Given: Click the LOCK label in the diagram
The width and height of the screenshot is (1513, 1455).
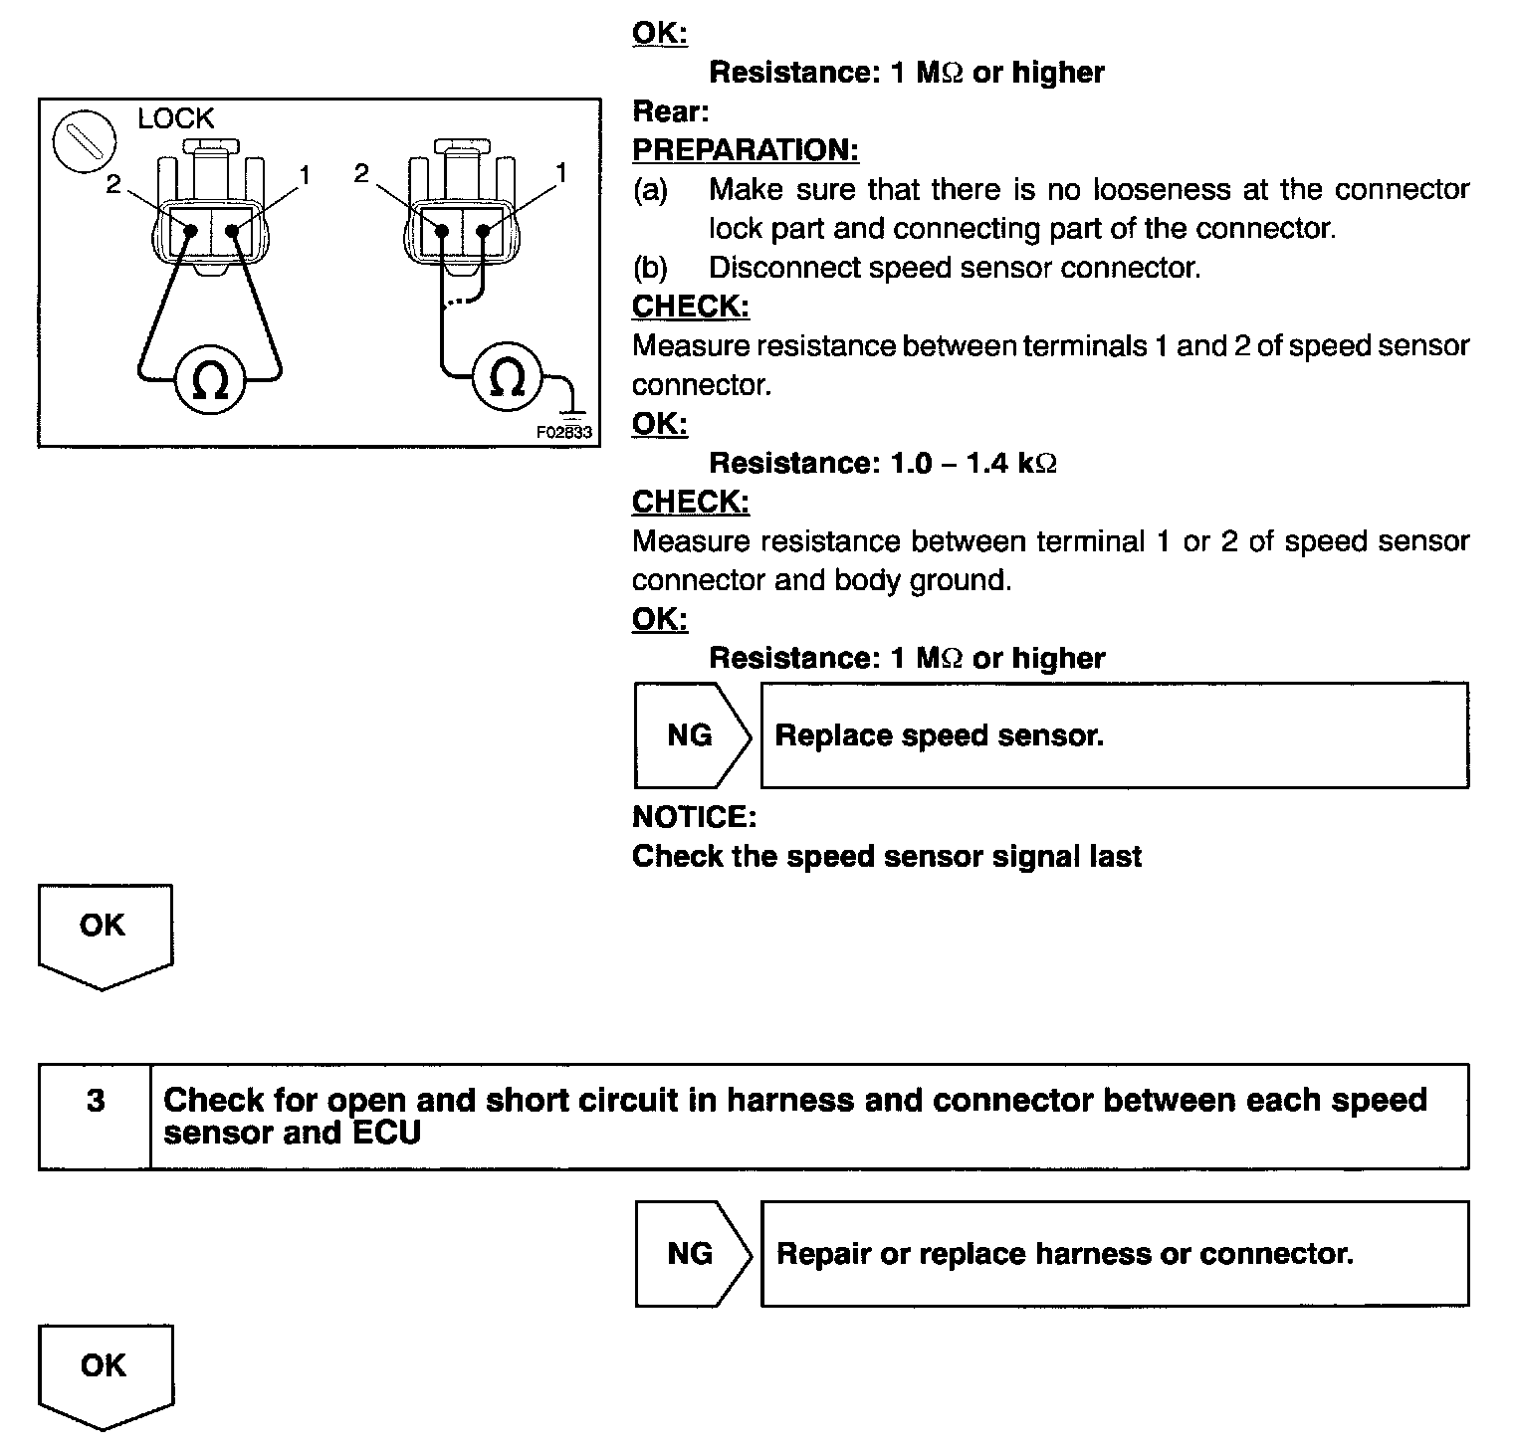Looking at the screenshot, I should pyautogui.click(x=175, y=118).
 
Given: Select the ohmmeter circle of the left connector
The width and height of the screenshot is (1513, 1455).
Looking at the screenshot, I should pyautogui.click(x=209, y=379).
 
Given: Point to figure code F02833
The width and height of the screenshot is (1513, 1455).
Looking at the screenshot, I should pyautogui.click(x=563, y=432).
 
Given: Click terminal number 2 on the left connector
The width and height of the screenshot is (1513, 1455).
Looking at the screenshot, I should pyautogui.click(x=113, y=184).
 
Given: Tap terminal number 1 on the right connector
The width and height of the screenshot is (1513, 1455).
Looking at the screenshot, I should pyautogui.click(x=561, y=173).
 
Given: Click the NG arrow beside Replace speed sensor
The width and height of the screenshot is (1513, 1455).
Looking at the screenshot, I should pyautogui.click(x=693, y=735).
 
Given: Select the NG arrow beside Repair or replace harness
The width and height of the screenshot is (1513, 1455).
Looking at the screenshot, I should pyautogui.click(x=693, y=1253).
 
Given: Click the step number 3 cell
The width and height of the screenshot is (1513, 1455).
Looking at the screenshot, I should pyautogui.click(x=96, y=1101).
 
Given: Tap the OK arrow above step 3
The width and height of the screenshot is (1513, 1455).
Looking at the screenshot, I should pyautogui.click(x=105, y=935).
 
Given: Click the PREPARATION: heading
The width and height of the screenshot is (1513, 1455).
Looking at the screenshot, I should pyautogui.click(x=746, y=150).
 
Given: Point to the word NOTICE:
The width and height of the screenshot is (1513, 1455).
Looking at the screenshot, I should pyautogui.click(x=695, y=817).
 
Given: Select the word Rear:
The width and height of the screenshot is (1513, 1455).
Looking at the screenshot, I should pyautogui.click(x=671, y=111).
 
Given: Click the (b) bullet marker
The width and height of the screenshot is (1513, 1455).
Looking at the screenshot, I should pyautogui.click(x=650, y=268).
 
